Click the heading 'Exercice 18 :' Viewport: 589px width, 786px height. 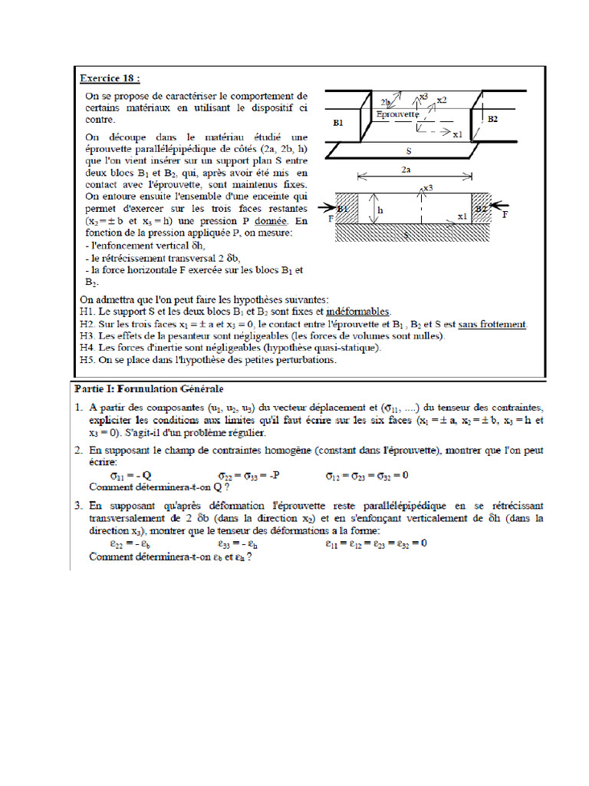click(110, 78)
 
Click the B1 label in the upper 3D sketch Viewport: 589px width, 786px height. click(339, 123)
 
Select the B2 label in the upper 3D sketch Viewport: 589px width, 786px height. click(492, 120)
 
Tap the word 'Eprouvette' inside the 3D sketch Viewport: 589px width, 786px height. click(400, 114)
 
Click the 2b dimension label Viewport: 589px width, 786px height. click(387, 102)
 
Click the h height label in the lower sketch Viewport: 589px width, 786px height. click(379, 208)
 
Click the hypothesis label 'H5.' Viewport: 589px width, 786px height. click(87, 360)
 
